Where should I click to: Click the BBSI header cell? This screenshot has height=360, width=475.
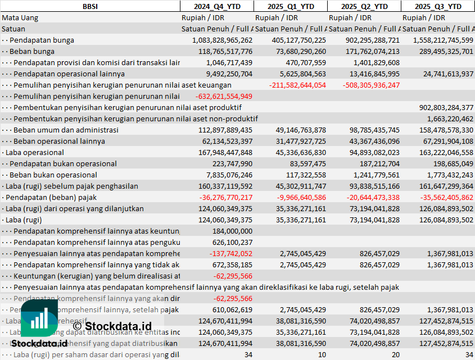90,6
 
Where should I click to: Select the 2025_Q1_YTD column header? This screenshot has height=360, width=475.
290,6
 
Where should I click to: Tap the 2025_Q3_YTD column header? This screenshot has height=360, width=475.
438,6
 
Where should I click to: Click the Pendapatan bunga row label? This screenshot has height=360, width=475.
42,40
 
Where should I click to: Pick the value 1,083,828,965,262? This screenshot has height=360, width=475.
222,40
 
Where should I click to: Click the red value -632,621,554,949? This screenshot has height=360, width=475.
223,96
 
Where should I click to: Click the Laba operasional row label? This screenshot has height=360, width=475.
34,152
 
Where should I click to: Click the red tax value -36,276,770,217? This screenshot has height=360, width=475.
223,197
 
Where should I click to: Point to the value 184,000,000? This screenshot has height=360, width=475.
232,231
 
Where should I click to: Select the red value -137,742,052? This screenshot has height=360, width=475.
233,253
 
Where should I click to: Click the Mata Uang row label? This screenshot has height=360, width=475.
20,17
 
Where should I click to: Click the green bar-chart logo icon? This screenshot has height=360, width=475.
39,319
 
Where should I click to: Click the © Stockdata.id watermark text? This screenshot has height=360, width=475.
112,326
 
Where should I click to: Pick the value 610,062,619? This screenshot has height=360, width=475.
232,309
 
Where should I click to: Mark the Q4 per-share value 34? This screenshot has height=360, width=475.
248,354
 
